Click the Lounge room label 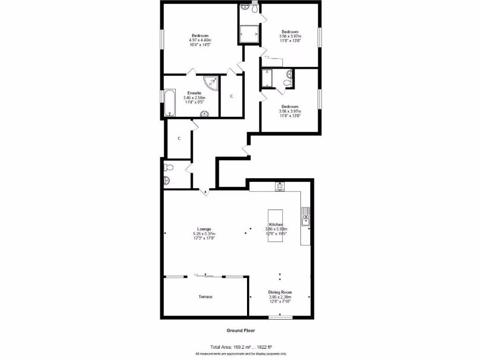coord(204,229)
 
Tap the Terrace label coord(205,297)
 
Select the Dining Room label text coord(280,292)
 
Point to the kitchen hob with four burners coord(280,186)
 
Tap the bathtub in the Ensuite coord(169,103)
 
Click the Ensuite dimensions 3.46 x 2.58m coord(194,97)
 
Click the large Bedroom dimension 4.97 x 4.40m coord(200,40)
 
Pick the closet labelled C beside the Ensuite coord(231,97)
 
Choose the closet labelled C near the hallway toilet coord(179,139)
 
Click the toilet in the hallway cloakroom coord(169,167)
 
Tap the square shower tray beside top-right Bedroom coord(248,34)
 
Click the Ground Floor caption coord(240,330)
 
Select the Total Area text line coord(240,347)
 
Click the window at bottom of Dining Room coord(280,317)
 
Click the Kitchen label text coord(275,225)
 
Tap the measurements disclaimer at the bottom coord(240,353)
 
